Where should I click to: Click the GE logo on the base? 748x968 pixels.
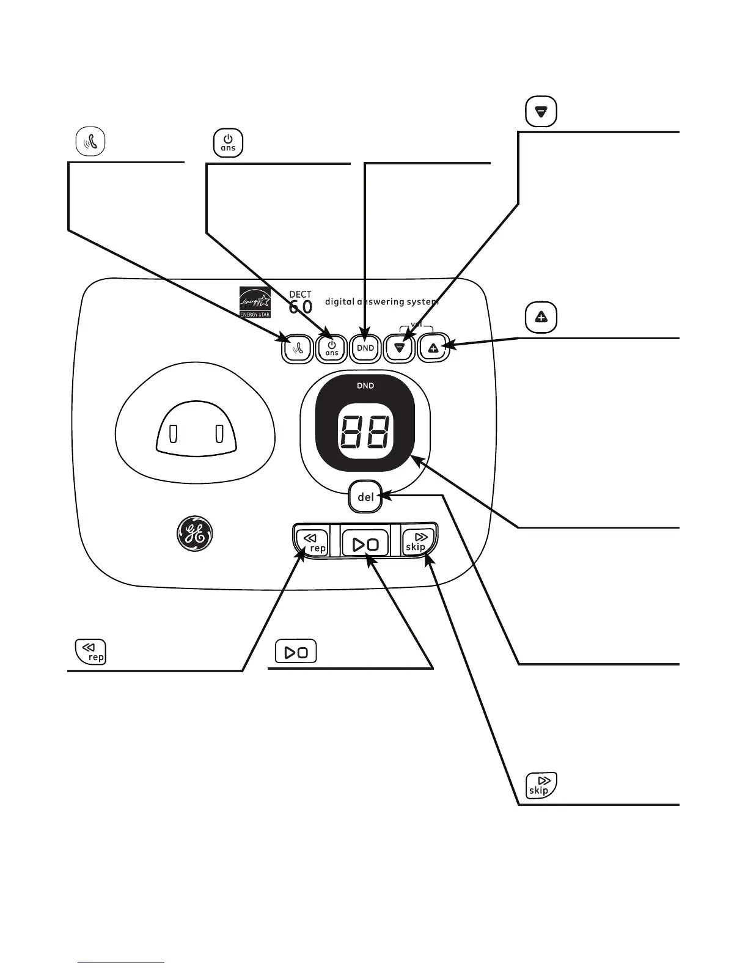(194, 535)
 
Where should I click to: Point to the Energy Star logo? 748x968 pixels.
(254, 301)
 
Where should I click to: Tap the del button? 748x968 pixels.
(365, 497)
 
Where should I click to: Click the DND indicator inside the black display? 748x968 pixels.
(365, 386)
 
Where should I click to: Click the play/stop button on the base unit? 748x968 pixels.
(365, 543)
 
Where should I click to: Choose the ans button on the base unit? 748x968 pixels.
(331, 348)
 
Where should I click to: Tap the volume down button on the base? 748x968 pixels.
(400, 348)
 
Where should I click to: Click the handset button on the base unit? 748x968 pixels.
(297, 348)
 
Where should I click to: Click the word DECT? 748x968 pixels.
(300, 295)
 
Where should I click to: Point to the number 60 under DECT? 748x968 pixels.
(301, 307)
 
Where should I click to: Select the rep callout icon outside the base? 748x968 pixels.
(90, 651)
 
